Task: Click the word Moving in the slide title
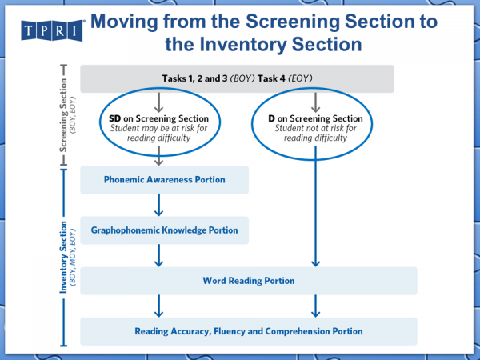point(130,22)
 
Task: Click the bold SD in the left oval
point(115,118)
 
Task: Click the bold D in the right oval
point(273,118)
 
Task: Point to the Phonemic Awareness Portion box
point(164,180)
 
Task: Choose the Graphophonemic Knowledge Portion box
point(164,230)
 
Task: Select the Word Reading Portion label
point(248,281)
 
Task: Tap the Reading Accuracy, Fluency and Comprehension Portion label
point(248,331)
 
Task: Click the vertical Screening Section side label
point(66,120)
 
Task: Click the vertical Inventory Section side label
point(66,257)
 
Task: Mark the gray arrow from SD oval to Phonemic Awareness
point(159,157)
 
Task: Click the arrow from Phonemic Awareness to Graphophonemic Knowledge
point(159,206)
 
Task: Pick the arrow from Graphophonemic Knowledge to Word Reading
point(159,255)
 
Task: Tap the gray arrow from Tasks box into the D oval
point(318,101)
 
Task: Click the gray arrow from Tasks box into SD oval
point(159,101)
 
